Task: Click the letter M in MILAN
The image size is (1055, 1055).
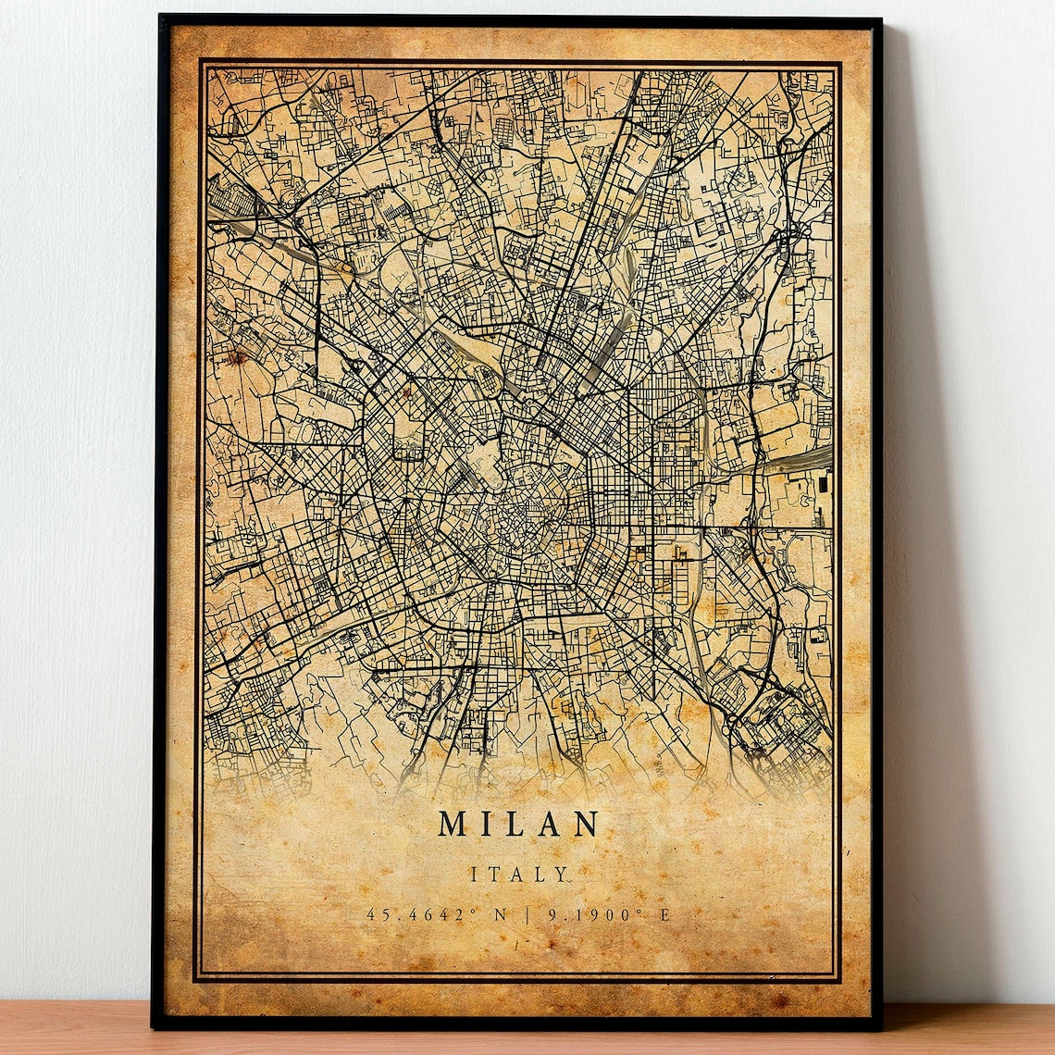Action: (x=454, y=824)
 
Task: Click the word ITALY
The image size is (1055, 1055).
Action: (x=519, y=874)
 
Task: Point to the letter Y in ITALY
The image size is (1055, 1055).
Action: (x=564, y=874)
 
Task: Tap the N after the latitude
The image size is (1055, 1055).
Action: (x=501, y=914)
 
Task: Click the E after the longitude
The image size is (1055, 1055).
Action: (x=664, y=914)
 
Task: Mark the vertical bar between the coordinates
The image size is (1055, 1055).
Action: (x=527, y=914)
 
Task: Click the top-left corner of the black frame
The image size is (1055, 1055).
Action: (x=161, y=17)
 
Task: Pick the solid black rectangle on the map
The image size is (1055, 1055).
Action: (x=825, y=482)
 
